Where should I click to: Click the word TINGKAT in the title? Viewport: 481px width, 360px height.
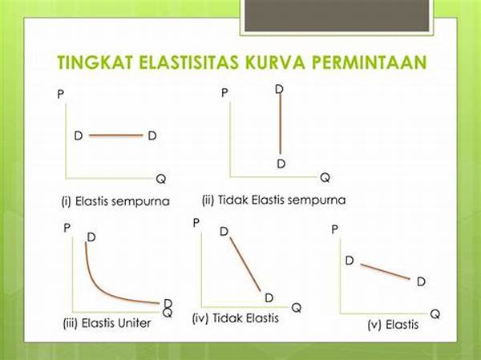tap(95, 63)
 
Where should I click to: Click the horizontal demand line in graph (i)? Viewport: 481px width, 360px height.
tap(116, 135)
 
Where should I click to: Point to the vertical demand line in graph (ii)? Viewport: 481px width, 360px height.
tap(280, 123)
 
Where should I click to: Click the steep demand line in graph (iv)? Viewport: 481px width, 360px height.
tap(245, 265)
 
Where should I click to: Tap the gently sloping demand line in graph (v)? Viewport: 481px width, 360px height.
tap(385, 272)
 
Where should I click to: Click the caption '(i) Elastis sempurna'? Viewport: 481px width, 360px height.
tap(115, 201)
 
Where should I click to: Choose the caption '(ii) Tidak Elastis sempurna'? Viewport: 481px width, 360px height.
tap(273, 200)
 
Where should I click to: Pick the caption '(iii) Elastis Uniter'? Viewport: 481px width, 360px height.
tap(107, 323)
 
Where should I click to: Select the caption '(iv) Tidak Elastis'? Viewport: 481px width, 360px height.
tap(235, 318)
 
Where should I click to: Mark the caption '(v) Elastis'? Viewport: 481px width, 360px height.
tap(393, 325)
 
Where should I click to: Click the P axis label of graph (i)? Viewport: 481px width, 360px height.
tap(61, 94)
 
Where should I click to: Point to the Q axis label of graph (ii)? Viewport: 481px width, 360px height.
tap(325, 177)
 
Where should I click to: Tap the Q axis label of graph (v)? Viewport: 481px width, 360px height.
tap(435, 314)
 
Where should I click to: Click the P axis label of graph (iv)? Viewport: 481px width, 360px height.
tap(196, 223)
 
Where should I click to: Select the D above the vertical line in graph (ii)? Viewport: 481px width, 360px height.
tap(279, 89)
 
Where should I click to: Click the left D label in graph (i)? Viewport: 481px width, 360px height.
tap(79, 136)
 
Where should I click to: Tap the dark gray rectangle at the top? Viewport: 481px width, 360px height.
tap(337, 15)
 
